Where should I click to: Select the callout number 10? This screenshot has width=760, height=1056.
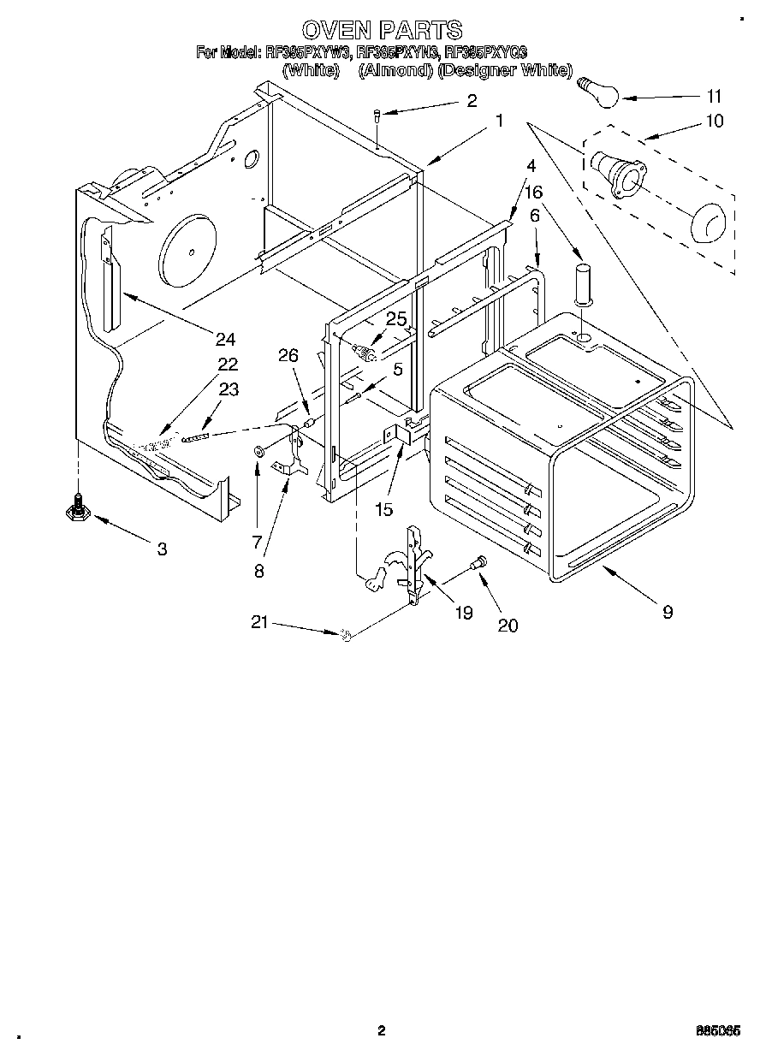[x=714, y=121]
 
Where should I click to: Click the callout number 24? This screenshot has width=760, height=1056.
[x=224, y=338]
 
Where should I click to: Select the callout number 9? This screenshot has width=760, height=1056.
[x=667, y=611]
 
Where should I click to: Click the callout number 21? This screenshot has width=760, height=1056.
[x=260, y=623]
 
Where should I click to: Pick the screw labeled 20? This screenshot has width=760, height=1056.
[x=478, y=562]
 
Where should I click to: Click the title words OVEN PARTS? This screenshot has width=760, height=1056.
[x=383, y=31]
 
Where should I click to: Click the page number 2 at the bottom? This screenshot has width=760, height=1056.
[x=383, y=1030]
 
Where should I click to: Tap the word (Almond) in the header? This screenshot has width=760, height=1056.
[x=395, y=71]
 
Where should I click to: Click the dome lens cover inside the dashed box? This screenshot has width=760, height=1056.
[x=706, y=224]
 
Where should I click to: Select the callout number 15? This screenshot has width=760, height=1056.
[x=383, y=510]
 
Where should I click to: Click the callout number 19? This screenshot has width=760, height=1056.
[x=463, y=613]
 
